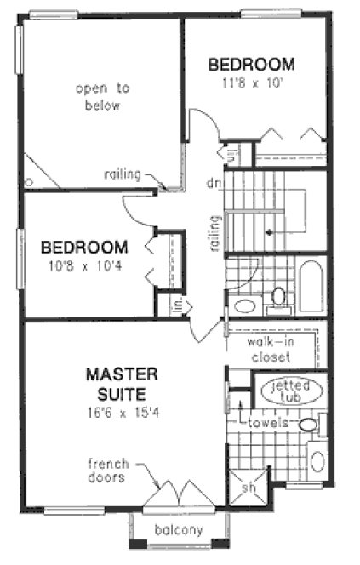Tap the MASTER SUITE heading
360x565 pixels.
121,384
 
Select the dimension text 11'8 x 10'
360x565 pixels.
252,83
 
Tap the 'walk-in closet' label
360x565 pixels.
271,349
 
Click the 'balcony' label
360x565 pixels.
179,530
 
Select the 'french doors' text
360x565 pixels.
108,471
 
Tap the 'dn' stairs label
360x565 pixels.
214,182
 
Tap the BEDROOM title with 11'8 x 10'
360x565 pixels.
252,64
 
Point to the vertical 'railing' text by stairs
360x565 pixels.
215,232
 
